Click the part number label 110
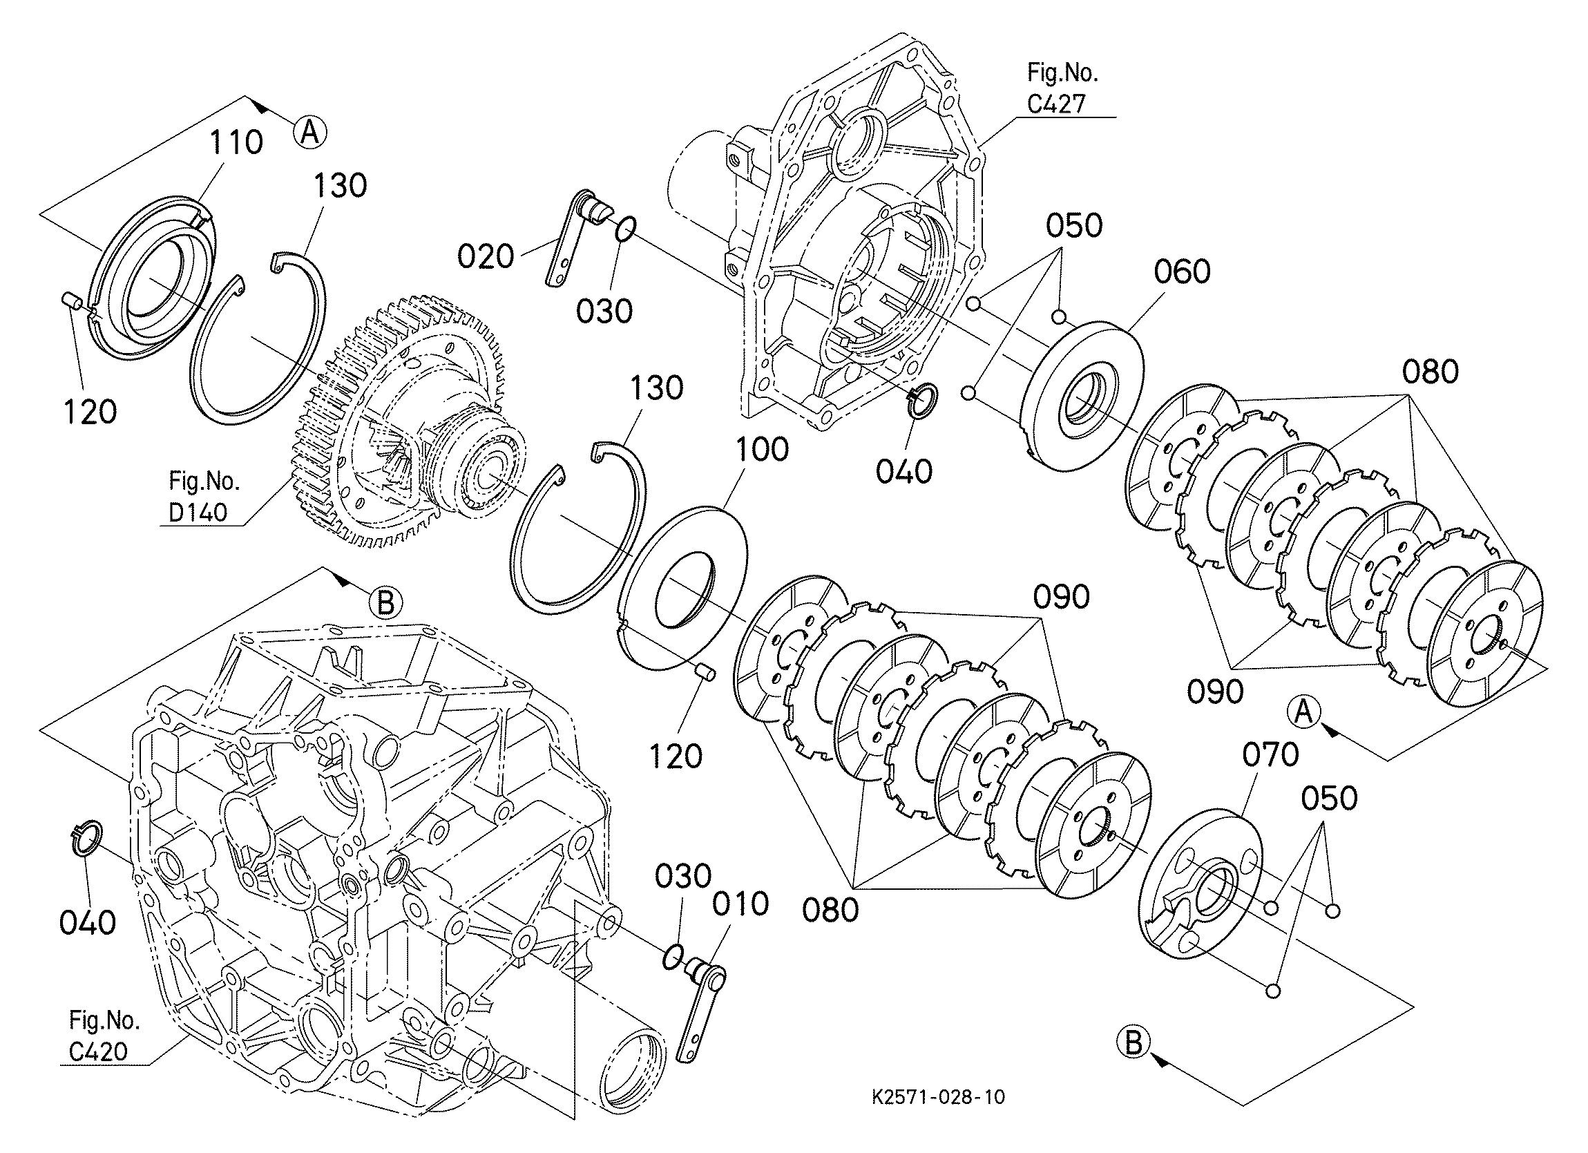click(x=236, y=143)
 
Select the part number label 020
click(x=485, y=257)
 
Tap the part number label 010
click(x=740, y=904)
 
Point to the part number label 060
click(x=1182, y=271)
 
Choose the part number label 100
click(x=762, y=449)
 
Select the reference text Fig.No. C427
click(x=1062, y=88)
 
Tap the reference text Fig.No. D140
click(x=203, y=497)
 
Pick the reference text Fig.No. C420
click(x=104, y=1036)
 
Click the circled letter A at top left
click(x=309, y=131)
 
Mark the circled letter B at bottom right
click(x=1133, y=1043)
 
